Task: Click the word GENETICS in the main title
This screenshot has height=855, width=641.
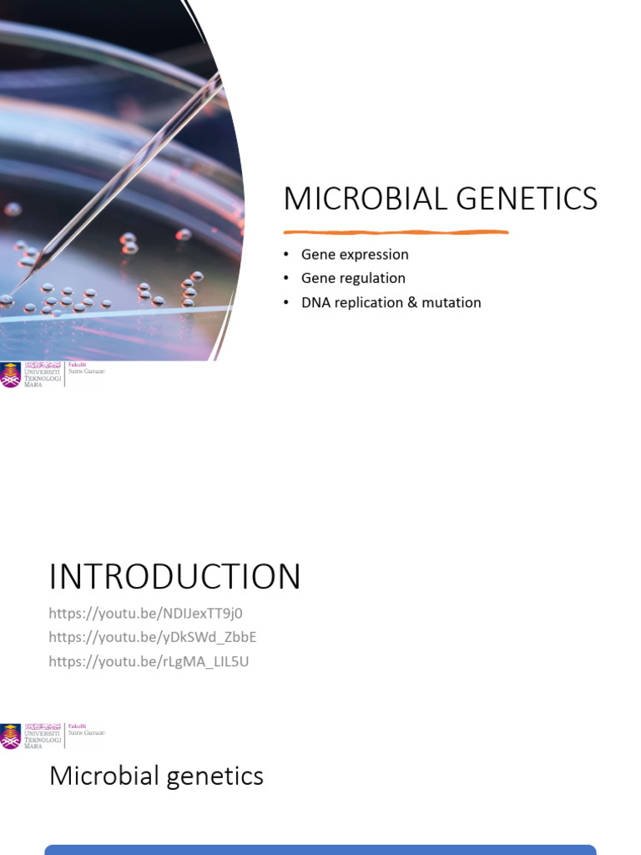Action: (532, 200)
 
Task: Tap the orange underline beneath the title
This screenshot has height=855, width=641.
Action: (396, 232)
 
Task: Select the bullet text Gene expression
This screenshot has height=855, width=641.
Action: (355, 254)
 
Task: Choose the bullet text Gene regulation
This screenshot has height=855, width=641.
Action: (353, 278)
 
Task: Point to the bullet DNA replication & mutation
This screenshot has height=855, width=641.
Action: (391, 302)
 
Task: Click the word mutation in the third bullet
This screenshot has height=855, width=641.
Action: (451, 302)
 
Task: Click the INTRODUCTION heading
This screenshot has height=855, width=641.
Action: (174, 577)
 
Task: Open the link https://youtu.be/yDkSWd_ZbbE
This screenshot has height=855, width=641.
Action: (152, 637)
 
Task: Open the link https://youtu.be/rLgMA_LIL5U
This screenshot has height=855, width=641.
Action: (149, 661)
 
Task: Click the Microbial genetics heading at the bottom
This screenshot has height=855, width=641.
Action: (156, 776)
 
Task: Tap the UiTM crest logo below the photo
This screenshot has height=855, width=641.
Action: (11, 375)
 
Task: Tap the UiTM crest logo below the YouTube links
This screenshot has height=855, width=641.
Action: (11, 736)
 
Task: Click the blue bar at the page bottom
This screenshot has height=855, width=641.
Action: (320, 849)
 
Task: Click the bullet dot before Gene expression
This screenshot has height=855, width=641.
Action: (286, 254)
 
